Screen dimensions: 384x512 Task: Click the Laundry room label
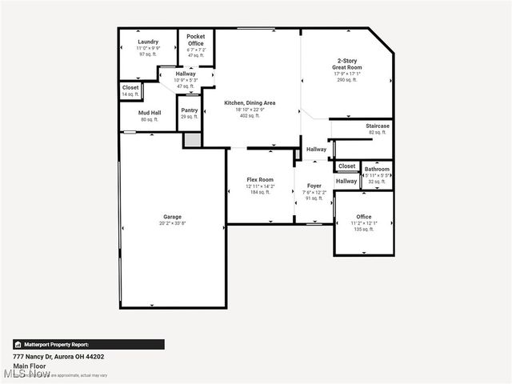(148, 42)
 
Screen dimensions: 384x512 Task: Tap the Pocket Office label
(196, 40)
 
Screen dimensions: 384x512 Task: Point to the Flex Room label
(260, 180)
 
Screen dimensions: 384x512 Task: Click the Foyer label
(314, 186)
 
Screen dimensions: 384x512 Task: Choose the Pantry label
(190, 110)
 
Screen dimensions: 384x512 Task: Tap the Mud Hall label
(150, 113)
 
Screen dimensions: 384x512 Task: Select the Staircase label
(378, 126)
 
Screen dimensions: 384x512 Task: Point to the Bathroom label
(377, 170)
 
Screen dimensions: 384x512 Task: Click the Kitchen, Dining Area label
(250, 103)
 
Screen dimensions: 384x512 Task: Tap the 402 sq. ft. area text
(250, 116)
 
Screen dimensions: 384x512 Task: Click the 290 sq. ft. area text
(346, 80)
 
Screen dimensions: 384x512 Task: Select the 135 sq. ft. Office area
(364, 230)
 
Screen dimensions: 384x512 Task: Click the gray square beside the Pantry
(192, 140)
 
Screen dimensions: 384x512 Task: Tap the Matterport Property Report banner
(88, 344)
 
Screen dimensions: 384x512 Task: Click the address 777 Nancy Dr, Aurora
(58, 356)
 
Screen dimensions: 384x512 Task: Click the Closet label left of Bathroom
(346, 166)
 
